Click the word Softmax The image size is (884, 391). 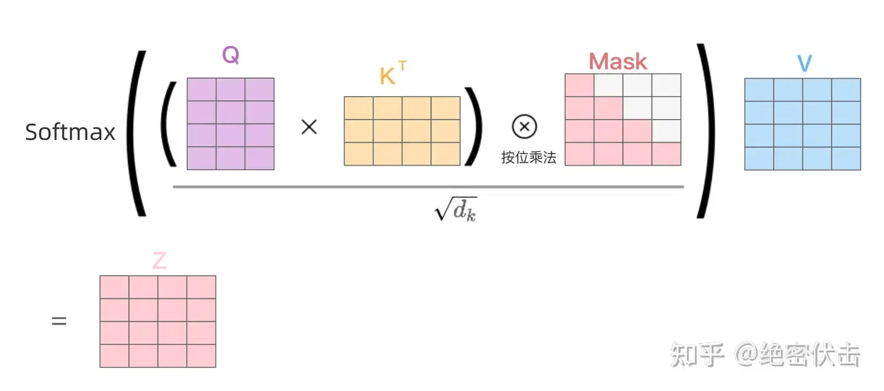(x=70, y=132)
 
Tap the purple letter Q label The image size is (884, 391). (x=230, y=55)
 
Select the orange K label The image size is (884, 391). (x=387, y=76)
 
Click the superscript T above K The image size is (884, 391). (x=402, y=66)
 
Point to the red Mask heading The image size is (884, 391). (x=618, y=61)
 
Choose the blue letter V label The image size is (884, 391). (x=805, y=63)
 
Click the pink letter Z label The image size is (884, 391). (x=160, y=260)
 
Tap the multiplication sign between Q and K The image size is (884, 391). (x=309, y=127)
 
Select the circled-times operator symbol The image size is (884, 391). (x=524, y=126)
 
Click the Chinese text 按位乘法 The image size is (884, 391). (x=529, y=157)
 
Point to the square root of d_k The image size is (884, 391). (x=456, y=209)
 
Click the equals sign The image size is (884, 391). (x=59, y=321)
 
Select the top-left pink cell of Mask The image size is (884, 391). (x=580, y=85)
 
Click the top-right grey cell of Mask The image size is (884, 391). (x=667, y=85)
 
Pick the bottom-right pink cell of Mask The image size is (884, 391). (x=667, y=154)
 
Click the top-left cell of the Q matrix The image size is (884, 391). (x=201, y=90)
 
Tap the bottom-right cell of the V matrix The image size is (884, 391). (x=846, y=158)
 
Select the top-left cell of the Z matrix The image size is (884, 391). (x=114, y=287)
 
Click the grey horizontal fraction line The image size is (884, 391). (x=428, y=187)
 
